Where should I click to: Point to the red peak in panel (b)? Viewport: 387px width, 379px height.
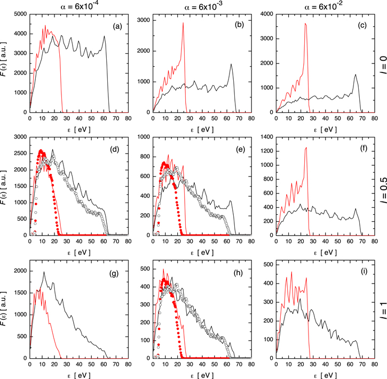(x=183, y=23)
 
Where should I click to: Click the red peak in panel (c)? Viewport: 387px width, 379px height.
(x=305, y=23)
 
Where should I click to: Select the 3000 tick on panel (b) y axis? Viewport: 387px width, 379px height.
(x=142, y=21)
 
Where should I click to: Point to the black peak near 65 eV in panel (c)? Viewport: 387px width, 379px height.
(x=355, y=75)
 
